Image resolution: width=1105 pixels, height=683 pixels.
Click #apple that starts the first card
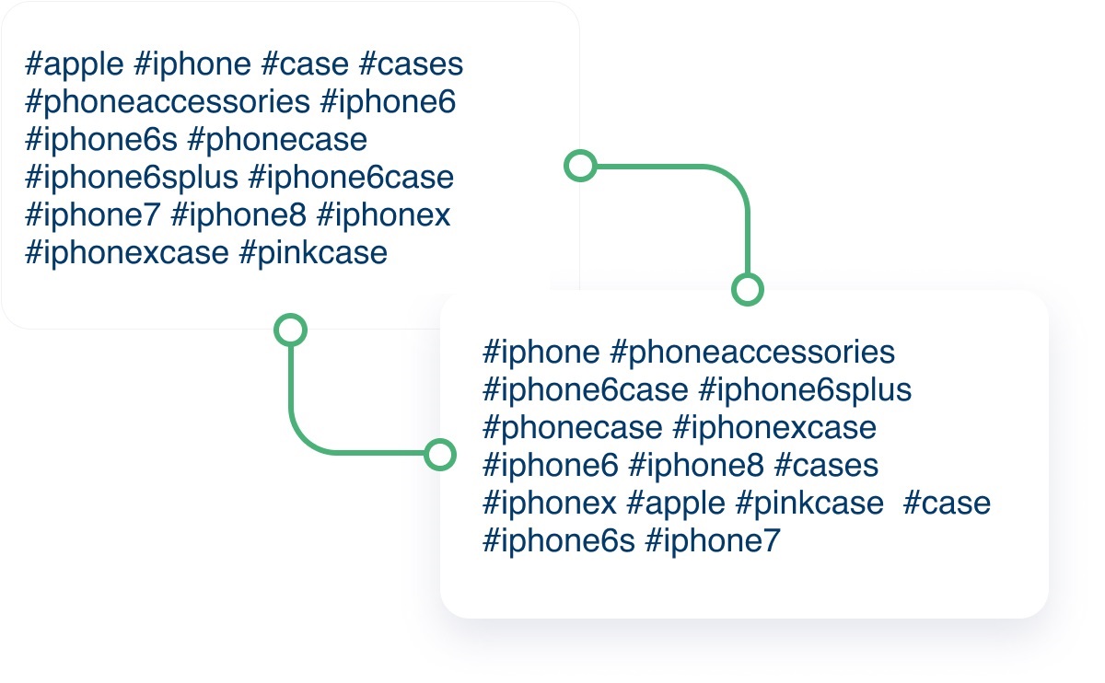point(75,65)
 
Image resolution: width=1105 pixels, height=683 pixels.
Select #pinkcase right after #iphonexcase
point(313,254)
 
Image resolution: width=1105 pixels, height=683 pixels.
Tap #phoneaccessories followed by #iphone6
point(168,103)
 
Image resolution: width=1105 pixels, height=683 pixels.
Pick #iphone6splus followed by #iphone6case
point(132,179)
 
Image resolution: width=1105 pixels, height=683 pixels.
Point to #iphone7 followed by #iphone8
point(93,216)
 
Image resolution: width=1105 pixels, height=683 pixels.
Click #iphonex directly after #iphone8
point(383,216)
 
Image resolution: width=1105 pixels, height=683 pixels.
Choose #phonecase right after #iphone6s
point(278,141)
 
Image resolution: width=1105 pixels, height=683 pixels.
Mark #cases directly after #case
point(412,65)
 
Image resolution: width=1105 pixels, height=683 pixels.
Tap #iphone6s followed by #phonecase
point(101,141)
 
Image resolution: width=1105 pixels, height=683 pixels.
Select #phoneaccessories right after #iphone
point(752,353)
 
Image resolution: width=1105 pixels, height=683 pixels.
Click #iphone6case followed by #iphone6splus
point(586,390)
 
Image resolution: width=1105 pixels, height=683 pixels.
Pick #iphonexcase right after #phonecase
point(774,429)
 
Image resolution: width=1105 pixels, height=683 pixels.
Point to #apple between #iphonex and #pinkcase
point(676,504)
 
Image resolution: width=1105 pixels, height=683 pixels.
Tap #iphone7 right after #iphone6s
point(713,541)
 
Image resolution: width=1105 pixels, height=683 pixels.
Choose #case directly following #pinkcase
point(947,504)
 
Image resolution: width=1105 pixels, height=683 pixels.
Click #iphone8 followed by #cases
point(696,466)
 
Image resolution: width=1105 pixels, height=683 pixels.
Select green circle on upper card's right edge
point(581,166)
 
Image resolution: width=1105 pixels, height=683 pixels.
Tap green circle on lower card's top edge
point(748,289)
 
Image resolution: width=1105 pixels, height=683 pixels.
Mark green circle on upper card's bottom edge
point(291,330)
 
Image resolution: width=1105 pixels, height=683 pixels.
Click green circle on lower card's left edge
point(439,455)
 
